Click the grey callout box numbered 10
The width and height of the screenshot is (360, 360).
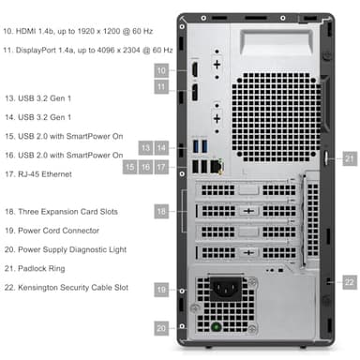click(161, 70)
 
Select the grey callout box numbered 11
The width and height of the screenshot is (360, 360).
click(161, 87)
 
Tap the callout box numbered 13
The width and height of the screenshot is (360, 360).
click(145, 147)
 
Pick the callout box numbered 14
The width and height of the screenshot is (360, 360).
click(161, 147)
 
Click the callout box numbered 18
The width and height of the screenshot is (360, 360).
click(161, 213)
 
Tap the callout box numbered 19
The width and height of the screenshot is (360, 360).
click(161, 292)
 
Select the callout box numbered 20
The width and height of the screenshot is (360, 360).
click(161, 328)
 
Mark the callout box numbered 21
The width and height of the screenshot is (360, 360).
click(349, 158)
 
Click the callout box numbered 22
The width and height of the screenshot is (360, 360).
click(349, 281)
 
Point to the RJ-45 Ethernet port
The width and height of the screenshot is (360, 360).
click(217, 166)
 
